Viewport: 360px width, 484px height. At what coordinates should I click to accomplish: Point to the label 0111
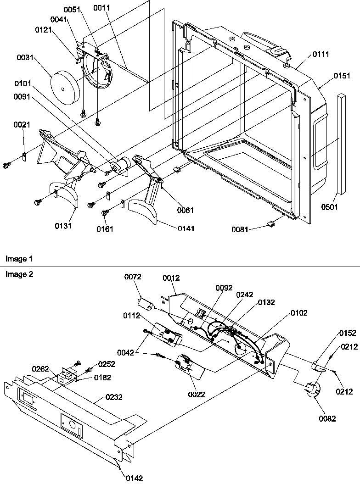(x=321, y=54)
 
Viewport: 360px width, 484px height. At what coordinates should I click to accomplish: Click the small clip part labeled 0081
(x=270, y=224)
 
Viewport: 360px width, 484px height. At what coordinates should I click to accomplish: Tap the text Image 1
(x=16, y=259)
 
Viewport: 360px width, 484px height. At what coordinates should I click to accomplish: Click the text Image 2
(x=16, y=274)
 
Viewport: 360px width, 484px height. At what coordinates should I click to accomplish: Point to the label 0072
(x=133, y=277)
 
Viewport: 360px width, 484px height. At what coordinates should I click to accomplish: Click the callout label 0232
(x=114, y=397)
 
